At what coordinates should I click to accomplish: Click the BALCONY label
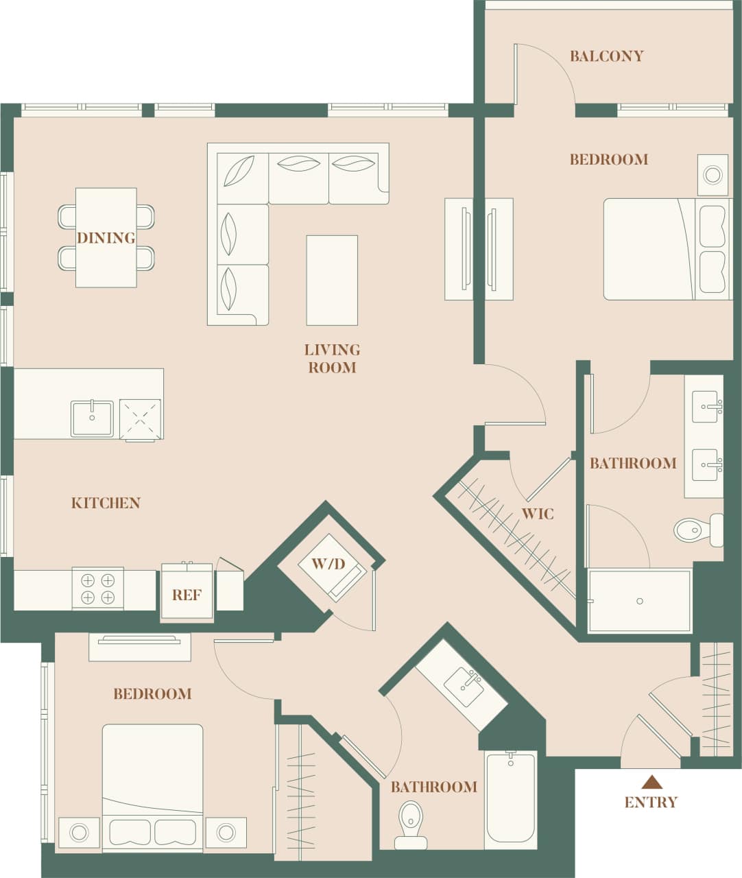tap(606, 56)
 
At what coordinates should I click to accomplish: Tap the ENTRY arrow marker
tap(651, 782)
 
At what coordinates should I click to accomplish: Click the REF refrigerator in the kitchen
tap(187, 594)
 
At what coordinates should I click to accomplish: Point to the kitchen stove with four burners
tap(97, 589)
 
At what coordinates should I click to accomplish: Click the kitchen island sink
tap(92, 418)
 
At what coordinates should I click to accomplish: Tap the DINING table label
tap(106, 238)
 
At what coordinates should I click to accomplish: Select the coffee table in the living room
tap(332, 280)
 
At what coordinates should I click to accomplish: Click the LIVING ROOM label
tap(332, 358)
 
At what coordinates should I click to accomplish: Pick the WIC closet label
tap(537, 514)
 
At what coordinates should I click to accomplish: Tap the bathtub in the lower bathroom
tap(510, 799)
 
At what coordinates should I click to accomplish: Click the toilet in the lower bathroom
tap(411, 823)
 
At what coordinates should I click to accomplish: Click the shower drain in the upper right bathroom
tap(639, 602)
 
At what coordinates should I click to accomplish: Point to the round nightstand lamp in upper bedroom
tap(713, 175)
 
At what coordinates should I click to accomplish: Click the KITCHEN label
tap(106, 503)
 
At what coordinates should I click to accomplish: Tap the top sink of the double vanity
tap(706, 407)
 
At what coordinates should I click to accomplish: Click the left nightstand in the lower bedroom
tap(79, 833)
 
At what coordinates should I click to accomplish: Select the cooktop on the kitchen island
tap(140, 419)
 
